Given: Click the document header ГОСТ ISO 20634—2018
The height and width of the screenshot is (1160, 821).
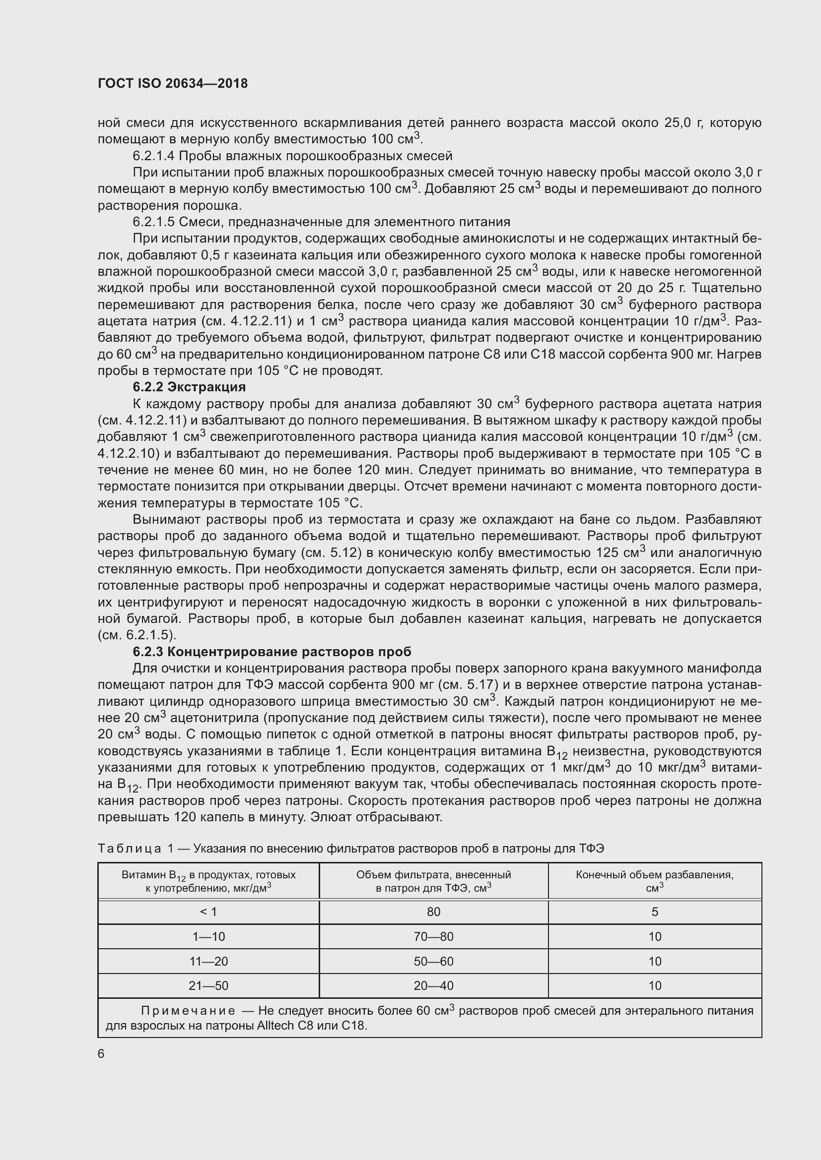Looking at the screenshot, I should [x=172, y=83].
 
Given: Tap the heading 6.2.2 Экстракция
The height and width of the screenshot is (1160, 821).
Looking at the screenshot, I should [x=189, y=387].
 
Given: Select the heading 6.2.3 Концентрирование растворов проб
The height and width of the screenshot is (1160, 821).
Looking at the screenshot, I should [x=272, y=652].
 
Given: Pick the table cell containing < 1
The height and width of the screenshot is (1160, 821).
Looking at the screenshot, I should [x=208, y=912].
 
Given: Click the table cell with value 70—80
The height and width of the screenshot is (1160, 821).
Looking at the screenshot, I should [x=433, y=937].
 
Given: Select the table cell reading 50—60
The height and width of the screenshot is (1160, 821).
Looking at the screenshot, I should [x=433, y=962].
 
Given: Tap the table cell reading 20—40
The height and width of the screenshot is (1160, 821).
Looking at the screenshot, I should [x=433, y=986].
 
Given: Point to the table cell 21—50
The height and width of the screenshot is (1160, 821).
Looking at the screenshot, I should [x=208, y=986].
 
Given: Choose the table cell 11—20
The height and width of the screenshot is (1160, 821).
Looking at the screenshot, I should [x=208, y=962].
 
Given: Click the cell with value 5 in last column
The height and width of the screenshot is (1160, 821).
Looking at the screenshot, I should [x=655, y=912].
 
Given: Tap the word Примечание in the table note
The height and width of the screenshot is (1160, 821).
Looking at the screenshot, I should [x=188, y=1011].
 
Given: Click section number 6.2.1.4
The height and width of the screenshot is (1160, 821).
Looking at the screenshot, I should [x=153, y=156].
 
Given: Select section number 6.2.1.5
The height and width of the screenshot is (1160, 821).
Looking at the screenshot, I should [x=153, y=222].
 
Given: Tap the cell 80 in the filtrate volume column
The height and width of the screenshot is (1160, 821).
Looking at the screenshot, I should [x=433, y=912].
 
